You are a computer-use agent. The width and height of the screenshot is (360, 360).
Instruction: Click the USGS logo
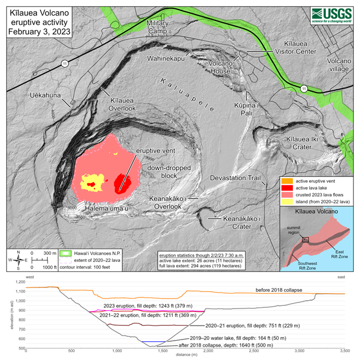point(331,14)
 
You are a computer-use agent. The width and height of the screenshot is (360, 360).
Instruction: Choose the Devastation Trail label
point(235,178)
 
